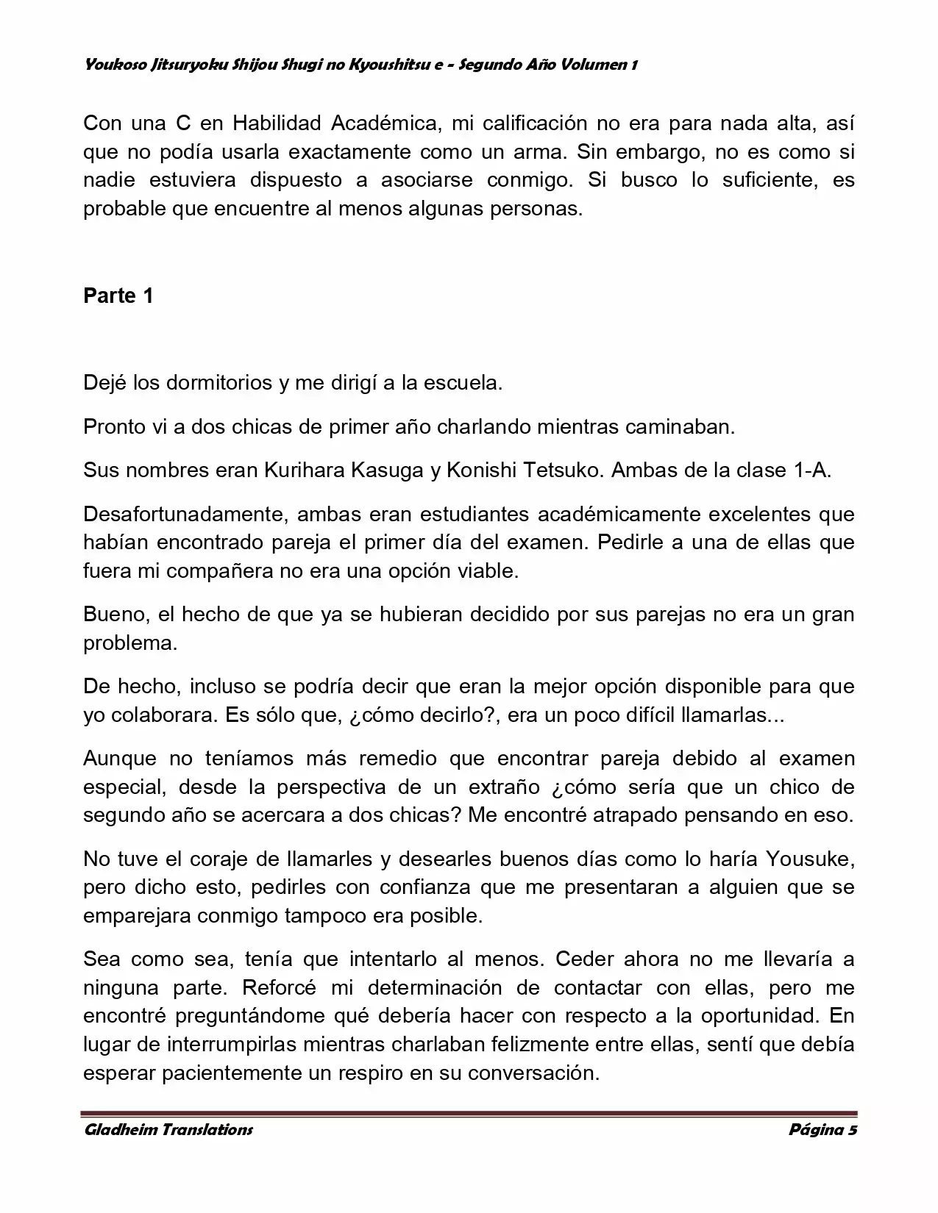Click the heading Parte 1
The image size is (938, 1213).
118,296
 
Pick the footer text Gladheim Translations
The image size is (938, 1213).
168,1130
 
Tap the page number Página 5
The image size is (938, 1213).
822,1130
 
